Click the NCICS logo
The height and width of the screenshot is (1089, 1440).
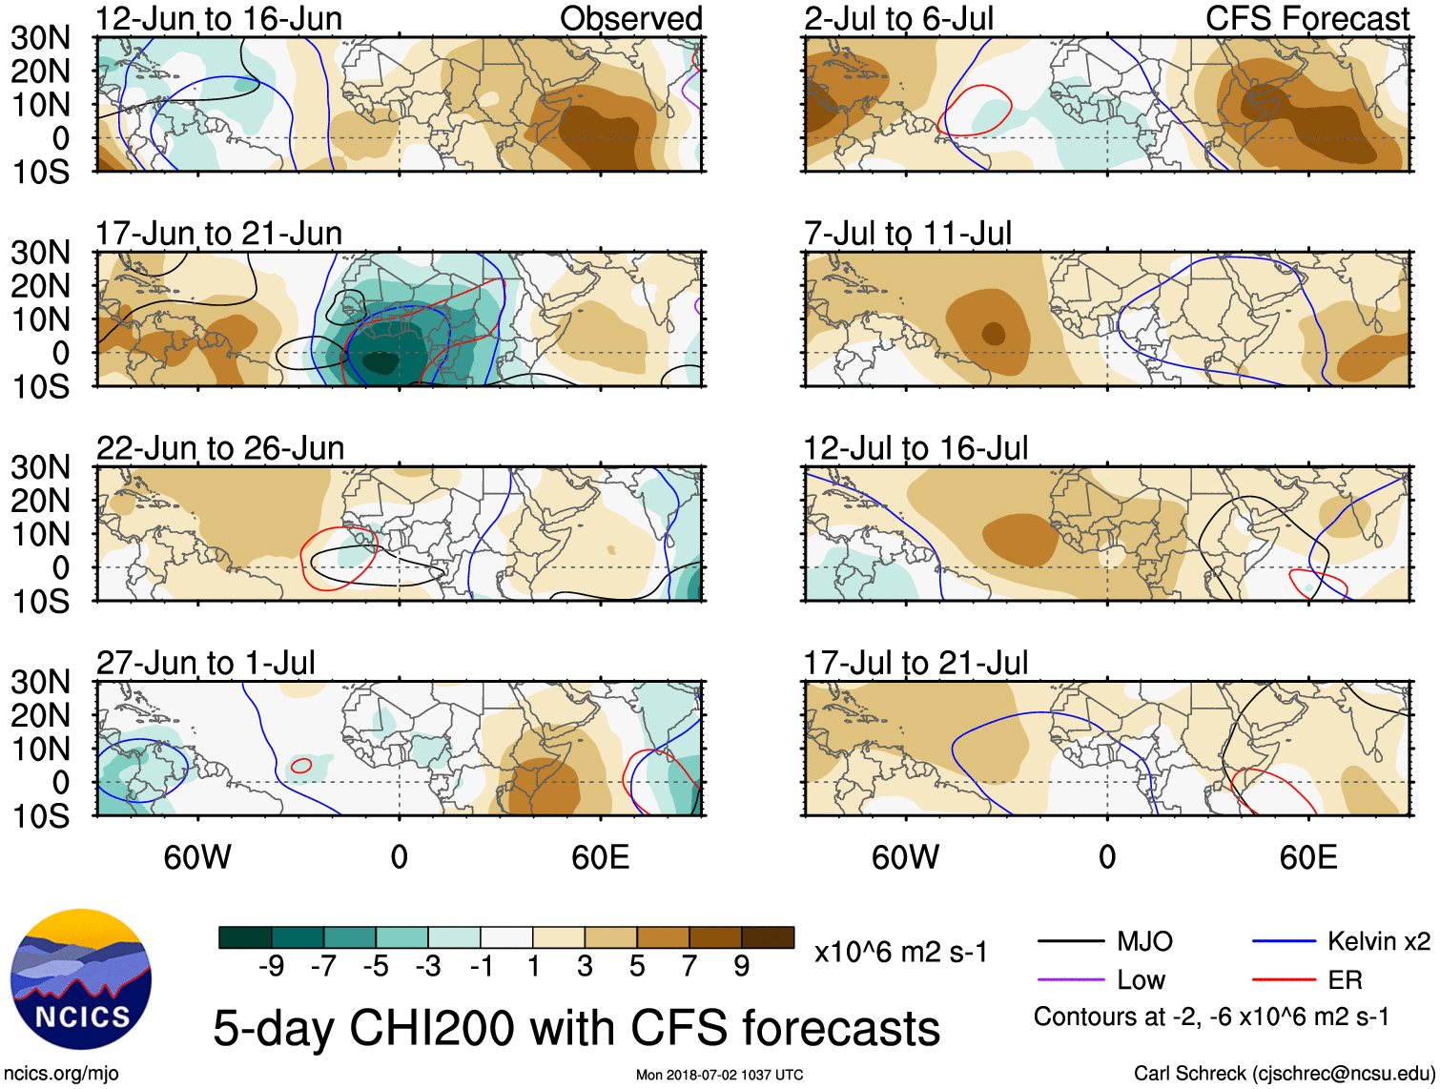click(81, 979)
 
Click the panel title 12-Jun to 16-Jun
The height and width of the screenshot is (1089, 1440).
click(218, 18)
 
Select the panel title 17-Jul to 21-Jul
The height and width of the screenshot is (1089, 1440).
click(915, 662)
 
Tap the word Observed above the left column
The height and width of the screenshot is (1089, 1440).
click(630, 18)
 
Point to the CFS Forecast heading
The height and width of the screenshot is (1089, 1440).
click(1306, 18)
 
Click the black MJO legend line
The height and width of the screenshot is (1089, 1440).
click(1071, 942)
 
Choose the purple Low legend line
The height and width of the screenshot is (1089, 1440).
click(1071, 979)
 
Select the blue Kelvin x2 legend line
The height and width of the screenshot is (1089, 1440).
click(1284, 942)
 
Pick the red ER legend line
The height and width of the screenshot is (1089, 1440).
click(1284, 979)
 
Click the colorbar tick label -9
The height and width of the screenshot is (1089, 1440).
click(271, 967)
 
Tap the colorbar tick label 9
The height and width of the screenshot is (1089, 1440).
click(742, 967)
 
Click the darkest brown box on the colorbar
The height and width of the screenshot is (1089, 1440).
click(768, 937)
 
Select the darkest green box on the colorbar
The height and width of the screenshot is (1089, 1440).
click(245, 937)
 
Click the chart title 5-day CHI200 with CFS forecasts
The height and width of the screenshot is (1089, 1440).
click(576, 1029)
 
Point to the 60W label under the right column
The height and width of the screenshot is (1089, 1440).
click(905, 857)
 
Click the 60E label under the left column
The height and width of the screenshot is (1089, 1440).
click(600, 857)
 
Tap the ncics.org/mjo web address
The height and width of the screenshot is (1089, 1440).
click(61, 1074)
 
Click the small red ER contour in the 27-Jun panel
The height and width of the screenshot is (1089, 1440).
click(301, 765)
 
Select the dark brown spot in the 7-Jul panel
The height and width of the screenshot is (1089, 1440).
click(994, 333)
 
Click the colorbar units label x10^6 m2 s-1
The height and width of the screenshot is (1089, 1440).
click(900, 952)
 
